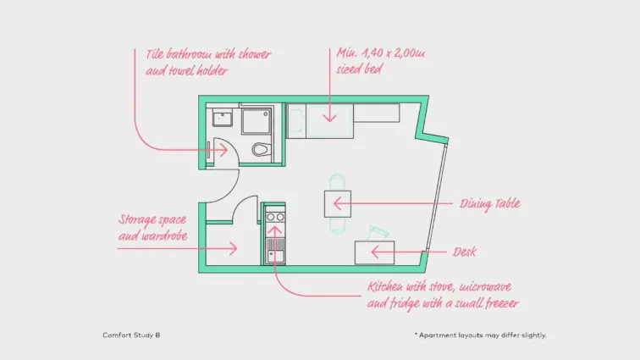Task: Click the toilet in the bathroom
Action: pyautogui.click(x=261, y=149)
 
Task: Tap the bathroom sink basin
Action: pyautogui.click(x=223, y=118)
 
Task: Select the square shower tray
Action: pyautogui.click(x=256, y=121)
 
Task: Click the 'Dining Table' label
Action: pyautogui.click(x=490, y=203)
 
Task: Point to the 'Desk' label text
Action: pyautogui.click(x=465, y=252)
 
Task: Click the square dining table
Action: pyautogui.click(x=338, y=204)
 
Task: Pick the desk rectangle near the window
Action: pyautogui.click(x=374, y=252)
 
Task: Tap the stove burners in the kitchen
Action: pyautogui.click(x=275, y=218)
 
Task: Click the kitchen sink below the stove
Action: pyautogui.click(x=274, y=256)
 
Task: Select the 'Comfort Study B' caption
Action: pyautogui.click(x=131, y=335)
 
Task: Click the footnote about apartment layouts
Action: pyautogui.click(x=480, y=335)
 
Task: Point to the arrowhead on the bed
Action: pyautogui.click(x=329, y=118)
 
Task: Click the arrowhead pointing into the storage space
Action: pyautogui.click(x=233, y=248)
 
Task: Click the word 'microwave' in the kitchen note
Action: pyautogui.click(x=486, y=287)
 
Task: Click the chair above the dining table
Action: pyautogui.click(x=337, y=182)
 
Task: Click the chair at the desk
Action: pyautogui.click(x=378, y=233)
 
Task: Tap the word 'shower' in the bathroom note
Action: pyautogui.click(x=255, y=54)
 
